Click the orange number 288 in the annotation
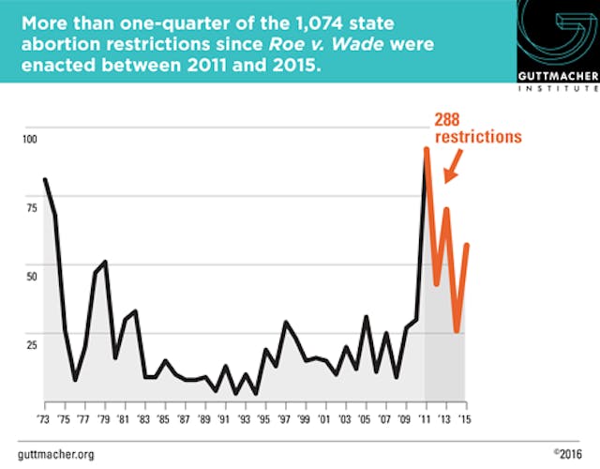(451, 119)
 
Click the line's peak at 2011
(427, 148)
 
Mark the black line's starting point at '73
(45, 179)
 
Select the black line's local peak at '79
(105, 262)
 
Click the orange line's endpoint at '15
(467, 245)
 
